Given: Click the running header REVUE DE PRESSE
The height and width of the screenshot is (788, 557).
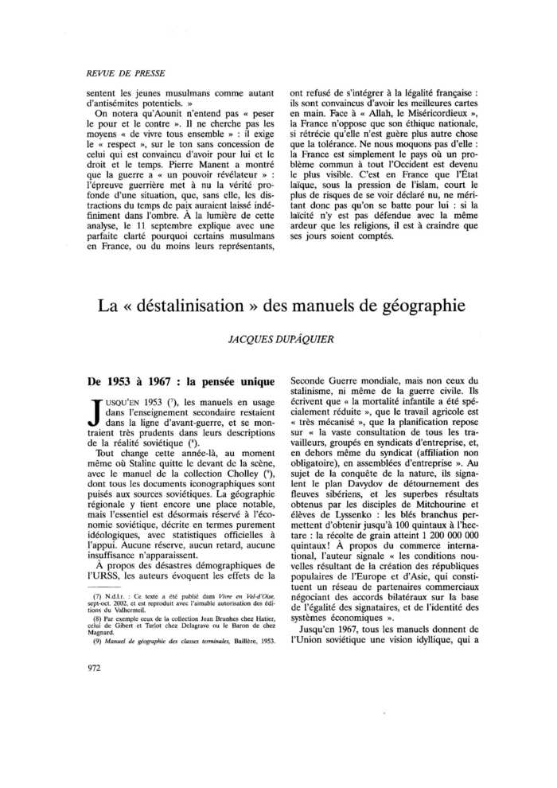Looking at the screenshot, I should [x=126, y=73].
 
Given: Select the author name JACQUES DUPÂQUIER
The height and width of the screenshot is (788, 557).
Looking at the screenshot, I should [x=278, y=337].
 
